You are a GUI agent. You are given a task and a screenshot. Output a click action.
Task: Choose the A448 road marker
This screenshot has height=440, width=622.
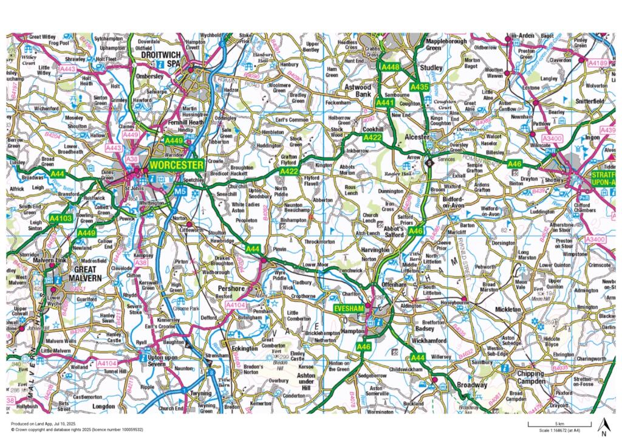[x=390, y=67]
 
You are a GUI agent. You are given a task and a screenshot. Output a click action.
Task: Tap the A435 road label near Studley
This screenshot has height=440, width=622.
[x=419, y=88]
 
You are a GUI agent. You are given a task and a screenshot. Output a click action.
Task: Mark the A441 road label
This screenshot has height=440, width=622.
[x=385, y=104]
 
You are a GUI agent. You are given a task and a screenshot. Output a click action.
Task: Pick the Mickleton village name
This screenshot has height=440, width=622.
[x=508, y=309]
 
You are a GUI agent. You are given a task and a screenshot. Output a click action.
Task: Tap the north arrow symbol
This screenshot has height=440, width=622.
[x=603, y=426]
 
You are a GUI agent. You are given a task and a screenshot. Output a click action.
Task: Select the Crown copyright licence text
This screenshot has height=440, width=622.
[x=77, y=429]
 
